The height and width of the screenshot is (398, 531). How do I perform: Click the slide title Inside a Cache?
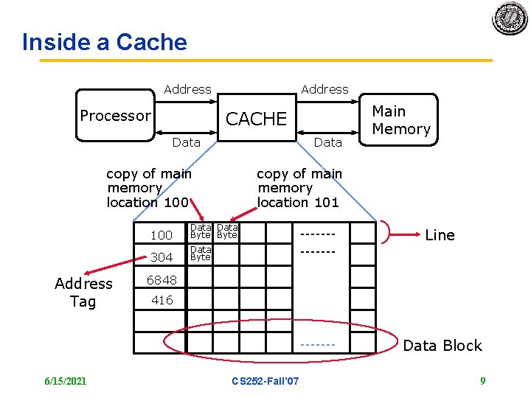105,42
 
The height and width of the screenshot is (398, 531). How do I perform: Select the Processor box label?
115,116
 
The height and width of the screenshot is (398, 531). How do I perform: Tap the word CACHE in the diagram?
256,119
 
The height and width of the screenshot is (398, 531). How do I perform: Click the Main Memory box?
401,120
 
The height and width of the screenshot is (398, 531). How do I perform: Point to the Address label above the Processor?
187,89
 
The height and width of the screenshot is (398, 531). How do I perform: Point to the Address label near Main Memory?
324,89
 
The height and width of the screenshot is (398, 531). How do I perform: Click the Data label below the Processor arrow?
186,142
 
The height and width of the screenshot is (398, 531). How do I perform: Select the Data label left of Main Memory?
328,142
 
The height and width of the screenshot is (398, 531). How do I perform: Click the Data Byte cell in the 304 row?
201,254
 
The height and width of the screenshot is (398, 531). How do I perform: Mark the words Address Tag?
83,293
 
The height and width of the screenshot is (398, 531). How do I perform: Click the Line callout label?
440,235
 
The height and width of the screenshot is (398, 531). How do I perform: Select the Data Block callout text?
442,346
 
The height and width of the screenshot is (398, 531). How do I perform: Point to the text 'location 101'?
298,202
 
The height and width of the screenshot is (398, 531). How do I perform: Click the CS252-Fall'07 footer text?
265,381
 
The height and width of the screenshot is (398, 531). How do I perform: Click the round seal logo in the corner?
510,18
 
